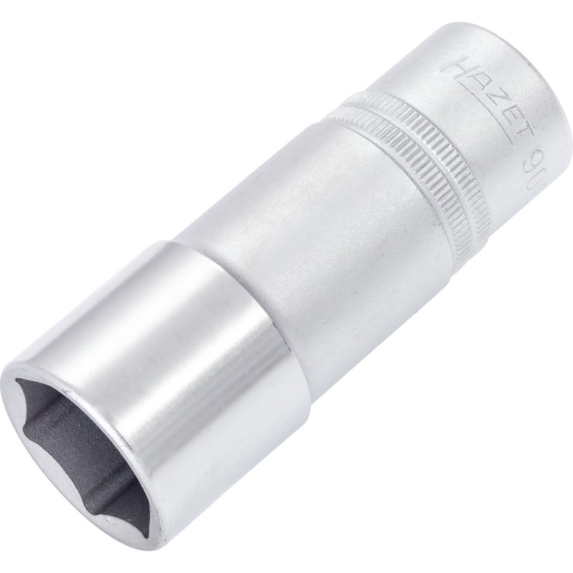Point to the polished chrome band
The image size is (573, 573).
coord(186,344)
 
